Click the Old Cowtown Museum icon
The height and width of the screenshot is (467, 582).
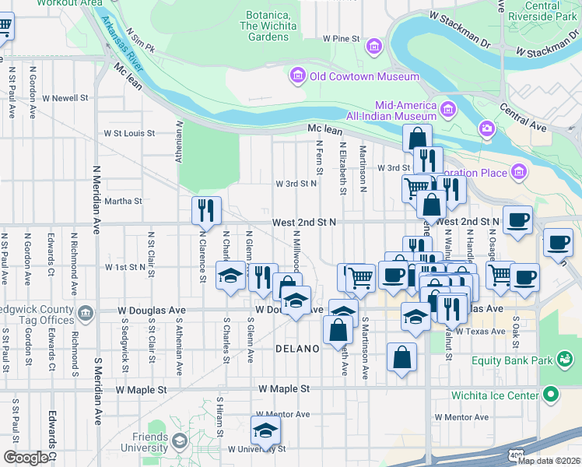click(297, 76)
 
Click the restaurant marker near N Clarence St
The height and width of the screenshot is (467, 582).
click(206, 211)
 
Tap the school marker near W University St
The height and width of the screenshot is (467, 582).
click(265, 431)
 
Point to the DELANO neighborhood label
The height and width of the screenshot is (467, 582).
click(297, 349)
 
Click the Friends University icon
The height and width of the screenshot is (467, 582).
click(180, 441)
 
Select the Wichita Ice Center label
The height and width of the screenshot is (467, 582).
click(495, 395)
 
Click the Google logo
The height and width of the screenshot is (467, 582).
click(26, 458)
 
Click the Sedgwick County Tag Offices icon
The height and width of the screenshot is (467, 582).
click(86, 313)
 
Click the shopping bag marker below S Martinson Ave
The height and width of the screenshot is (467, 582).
click(401, 359)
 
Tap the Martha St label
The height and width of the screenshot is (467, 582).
click(123, 201)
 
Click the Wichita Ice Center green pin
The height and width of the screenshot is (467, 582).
click(552, 395)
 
